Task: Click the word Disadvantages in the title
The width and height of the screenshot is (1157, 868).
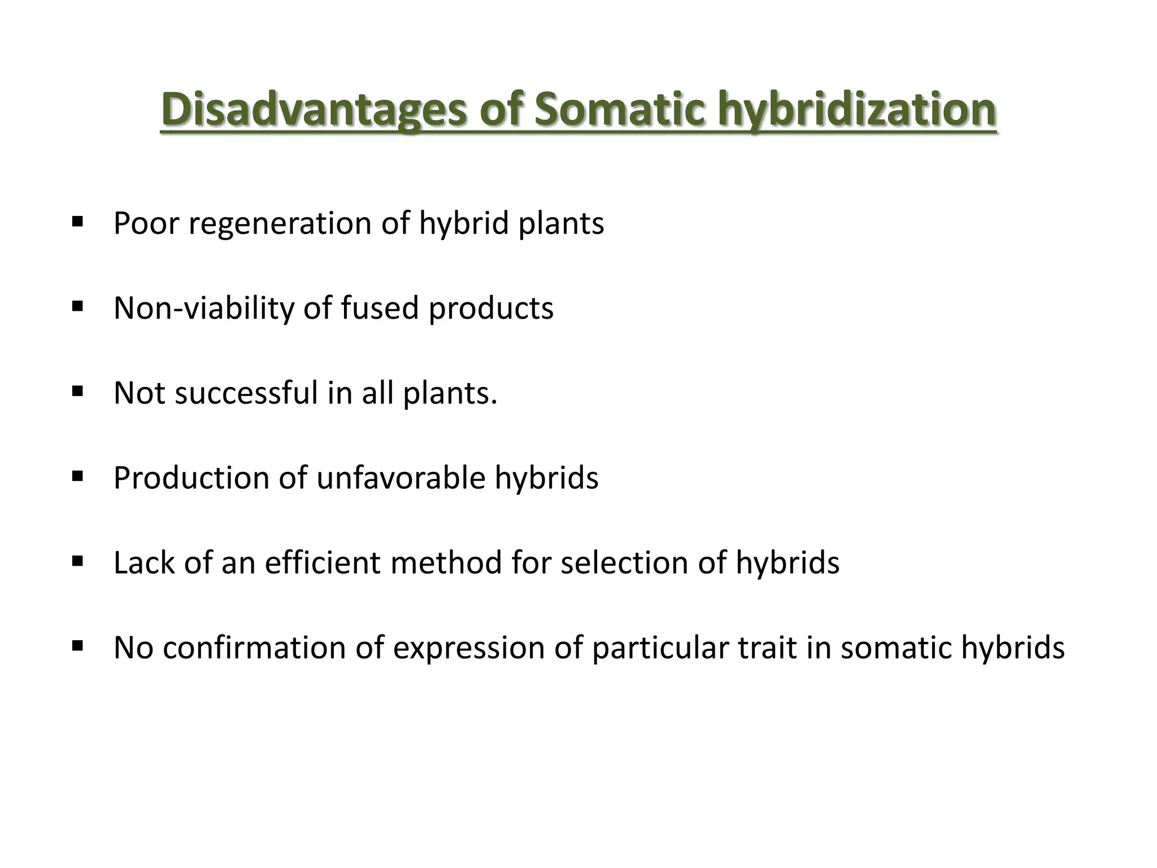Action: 314,110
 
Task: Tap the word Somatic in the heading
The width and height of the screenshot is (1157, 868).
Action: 619,110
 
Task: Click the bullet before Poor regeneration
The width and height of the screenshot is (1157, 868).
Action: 78,220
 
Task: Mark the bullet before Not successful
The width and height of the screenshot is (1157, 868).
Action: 78,390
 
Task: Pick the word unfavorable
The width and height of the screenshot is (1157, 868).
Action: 401,478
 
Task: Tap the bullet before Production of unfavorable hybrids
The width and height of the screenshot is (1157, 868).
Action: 78,475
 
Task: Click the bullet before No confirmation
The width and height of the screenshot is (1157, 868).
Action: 78,645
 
